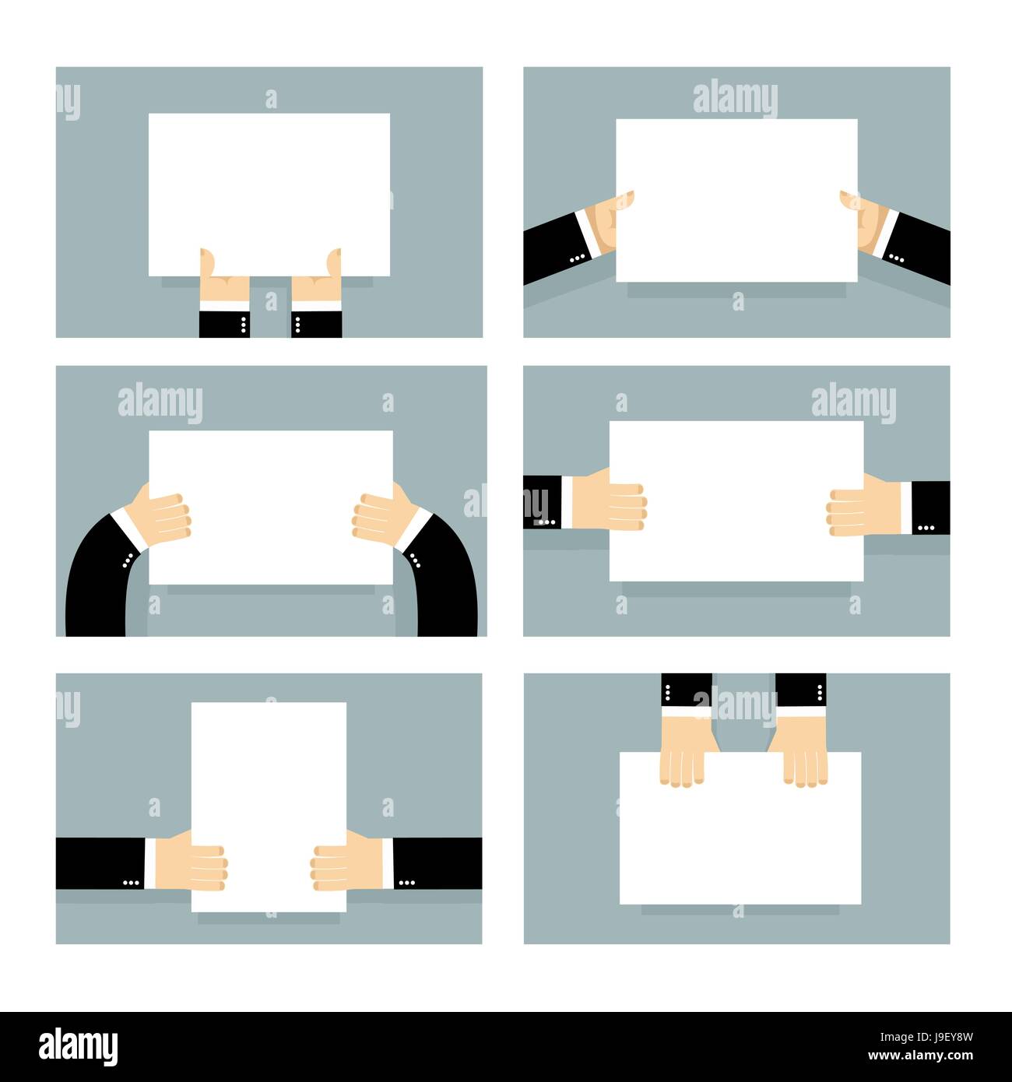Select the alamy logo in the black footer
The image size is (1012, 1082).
pos(79,1047)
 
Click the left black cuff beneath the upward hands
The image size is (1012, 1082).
pos(223,324)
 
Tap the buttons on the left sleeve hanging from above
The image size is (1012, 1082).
pos(668,690)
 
